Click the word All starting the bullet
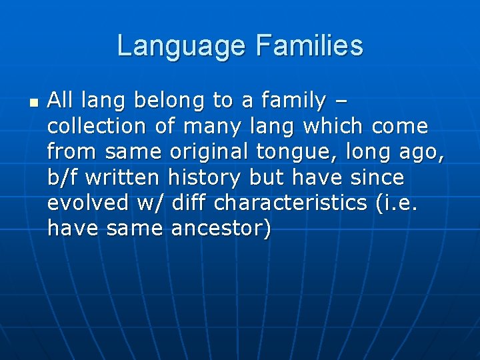click(60, 101)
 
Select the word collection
click(96, 126)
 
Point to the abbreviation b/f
click(63, 178)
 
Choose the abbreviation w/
click(145, 203)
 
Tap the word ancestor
click(221, 229)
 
